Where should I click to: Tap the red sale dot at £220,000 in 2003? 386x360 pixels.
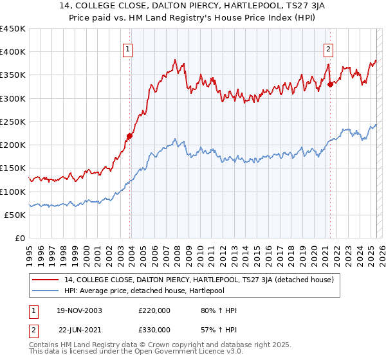tap(129, 136)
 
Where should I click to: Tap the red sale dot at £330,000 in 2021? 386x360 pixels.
tap(330, 84)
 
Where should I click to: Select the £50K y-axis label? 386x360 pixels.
tap(15, 215)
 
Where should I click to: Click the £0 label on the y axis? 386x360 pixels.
tap(19, 238)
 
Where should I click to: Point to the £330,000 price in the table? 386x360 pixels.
tap(154, 330)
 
